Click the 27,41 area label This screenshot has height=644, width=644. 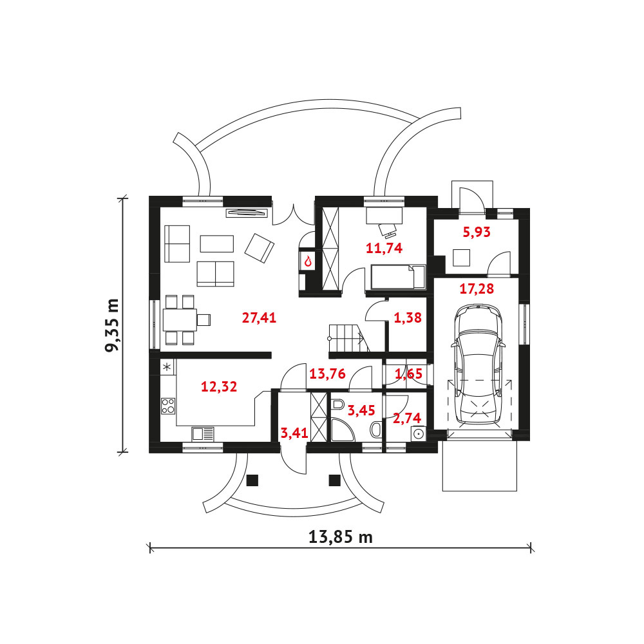point(259,317)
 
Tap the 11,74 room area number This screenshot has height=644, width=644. point(384,248)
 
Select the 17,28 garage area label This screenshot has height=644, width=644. point(477,289)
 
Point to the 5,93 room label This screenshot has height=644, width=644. point(477,232)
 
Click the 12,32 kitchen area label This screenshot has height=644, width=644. point(219,386)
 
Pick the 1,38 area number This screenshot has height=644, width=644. point(408,317)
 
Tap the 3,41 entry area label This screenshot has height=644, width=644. point(294,433)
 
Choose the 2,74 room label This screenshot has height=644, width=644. point(407,418)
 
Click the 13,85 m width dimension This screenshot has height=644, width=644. point(341,537)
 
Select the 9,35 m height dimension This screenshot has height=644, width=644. point(111,325)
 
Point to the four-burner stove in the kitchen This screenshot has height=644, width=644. point(168,406)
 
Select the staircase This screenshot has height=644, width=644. point(348,338)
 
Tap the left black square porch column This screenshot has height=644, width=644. point(252,480)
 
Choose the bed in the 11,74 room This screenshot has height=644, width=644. point(399,277)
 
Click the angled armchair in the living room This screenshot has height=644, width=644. point(260,248)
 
